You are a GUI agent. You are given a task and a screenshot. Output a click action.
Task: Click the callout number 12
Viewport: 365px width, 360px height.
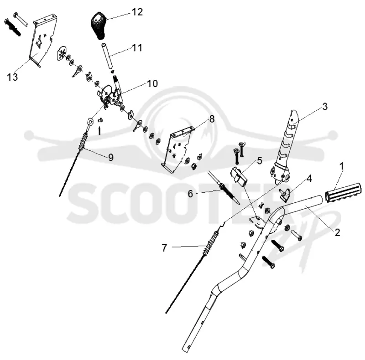(137, 12)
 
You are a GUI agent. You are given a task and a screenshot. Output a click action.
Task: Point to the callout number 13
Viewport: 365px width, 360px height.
(12, 77)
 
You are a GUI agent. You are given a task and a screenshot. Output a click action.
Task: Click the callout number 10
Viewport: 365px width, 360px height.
(152, 83)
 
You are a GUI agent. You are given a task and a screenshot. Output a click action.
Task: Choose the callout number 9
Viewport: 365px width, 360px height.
(111, 157)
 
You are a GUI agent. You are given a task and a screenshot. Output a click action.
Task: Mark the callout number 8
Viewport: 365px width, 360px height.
(212, 119)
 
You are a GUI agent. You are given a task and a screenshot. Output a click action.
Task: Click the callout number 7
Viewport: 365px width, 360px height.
(164, 248)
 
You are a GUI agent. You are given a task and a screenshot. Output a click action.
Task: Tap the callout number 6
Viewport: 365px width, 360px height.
(190, 194)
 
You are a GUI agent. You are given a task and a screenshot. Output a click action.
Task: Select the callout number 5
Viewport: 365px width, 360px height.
(260, 161)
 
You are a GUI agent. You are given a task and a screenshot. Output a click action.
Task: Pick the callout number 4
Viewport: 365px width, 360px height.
(309, 179)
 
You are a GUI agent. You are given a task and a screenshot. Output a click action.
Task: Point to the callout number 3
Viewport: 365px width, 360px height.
(325, 107)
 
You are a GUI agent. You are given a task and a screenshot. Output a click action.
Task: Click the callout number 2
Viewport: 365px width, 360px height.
(337, 232)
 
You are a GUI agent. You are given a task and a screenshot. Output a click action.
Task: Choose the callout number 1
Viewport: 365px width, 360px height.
(341, 166)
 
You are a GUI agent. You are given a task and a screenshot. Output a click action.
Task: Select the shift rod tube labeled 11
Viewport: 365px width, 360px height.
(106, 55)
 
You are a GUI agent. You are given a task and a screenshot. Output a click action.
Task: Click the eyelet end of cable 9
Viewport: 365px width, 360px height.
(90, 121)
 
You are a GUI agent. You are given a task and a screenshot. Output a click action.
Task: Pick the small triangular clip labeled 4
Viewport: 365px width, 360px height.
(285, 195)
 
